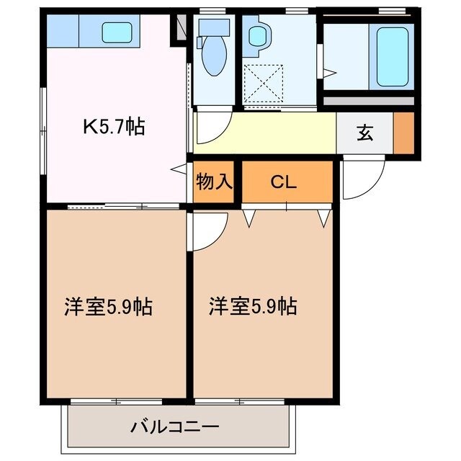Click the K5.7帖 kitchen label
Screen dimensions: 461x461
point(115,127)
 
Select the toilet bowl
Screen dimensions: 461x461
point(213,57)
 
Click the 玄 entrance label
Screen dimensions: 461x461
point(365,133)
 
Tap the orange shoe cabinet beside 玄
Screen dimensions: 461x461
point(403,133)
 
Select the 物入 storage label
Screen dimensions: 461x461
point(215,181)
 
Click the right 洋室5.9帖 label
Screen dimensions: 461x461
point(253,306)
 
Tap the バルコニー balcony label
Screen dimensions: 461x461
point(174,426)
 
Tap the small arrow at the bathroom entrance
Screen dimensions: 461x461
point(329,73)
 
